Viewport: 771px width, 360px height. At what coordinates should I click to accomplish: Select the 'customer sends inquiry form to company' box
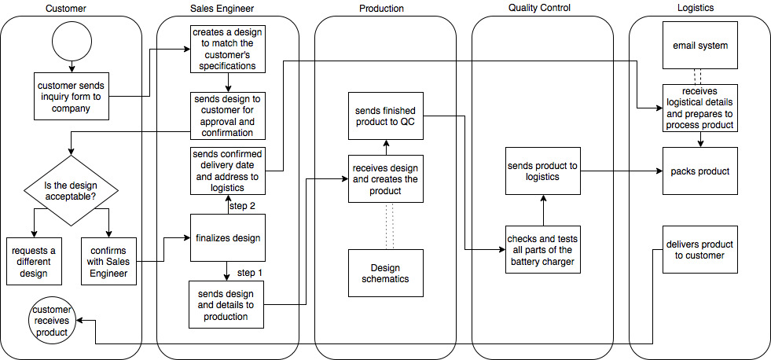click(x=71, y=97)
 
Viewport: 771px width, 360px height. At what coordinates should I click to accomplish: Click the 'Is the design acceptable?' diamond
click(x=71, y=190)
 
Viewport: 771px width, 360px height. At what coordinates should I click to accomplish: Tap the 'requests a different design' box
click(x=35, y=261)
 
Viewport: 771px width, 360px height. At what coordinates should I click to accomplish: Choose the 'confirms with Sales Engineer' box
click(x=109, y=261)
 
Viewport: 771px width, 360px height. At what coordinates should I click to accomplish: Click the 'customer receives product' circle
click(x=51, y=321)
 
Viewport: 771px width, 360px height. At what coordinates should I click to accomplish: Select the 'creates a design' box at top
click(x=227, y=49)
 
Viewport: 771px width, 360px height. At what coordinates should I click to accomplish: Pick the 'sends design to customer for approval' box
click(x=227, y=116)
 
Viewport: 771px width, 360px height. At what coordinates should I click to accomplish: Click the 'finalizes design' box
click(x=227, y=237)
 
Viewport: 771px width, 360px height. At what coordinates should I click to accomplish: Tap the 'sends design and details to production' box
click(x=227, y=304)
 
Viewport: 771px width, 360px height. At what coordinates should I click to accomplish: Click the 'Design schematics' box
click(x=385, y=273)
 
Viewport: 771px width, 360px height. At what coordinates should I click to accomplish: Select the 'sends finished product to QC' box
click(x=385, y=116)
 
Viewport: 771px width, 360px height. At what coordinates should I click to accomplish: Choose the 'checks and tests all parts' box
click(x=543, y=249)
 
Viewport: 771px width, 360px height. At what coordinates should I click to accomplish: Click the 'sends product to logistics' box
click(x=543, y=171)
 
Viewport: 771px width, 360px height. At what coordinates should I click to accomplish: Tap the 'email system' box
click(x=700, y=46)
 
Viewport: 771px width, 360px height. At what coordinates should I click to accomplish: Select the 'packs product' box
click(x=700, y=171)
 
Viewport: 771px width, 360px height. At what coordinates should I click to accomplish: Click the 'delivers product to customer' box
click(x=700, y=249)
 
